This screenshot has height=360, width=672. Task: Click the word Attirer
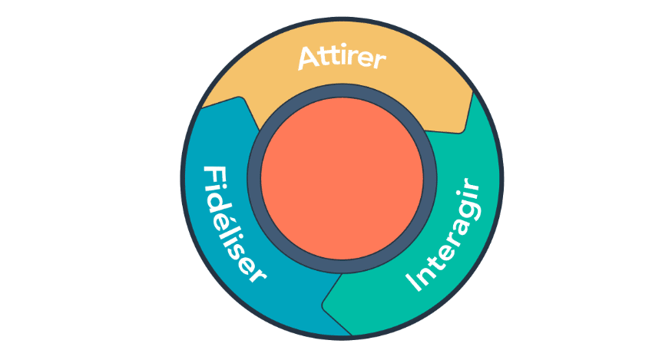click(342, 58)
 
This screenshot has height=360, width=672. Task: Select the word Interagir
click(445, 234)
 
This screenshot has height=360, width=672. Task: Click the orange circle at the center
click(342, 178)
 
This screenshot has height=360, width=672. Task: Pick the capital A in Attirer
click(310, 58)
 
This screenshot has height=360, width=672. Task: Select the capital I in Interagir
click(415, 282)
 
